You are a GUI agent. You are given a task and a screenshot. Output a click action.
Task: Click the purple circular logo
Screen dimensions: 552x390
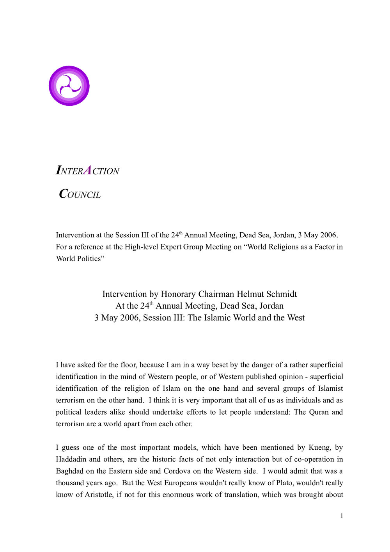(69, 86)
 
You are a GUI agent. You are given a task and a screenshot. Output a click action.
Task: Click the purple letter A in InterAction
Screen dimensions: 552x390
(88, 170)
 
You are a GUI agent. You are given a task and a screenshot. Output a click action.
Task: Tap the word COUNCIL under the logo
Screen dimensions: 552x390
(80, 194)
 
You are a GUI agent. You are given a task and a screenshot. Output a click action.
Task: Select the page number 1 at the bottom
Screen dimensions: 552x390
(342, 516)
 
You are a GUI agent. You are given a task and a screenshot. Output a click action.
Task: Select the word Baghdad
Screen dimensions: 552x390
(69, 471)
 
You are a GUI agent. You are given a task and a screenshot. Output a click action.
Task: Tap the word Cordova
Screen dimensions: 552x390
(177, 471)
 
